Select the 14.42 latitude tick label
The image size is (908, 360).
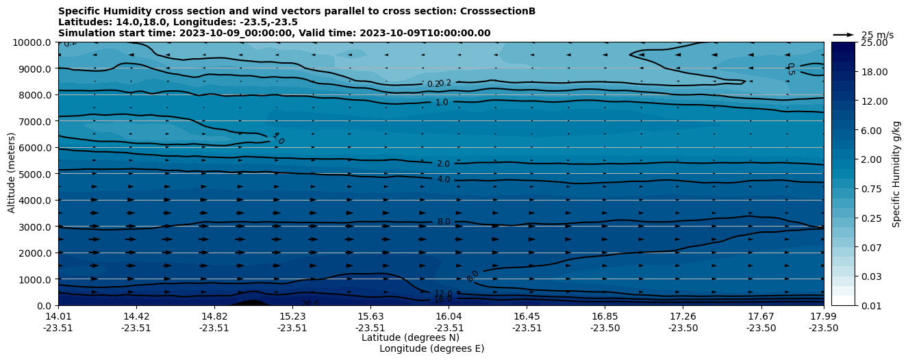click(x=136, y=316)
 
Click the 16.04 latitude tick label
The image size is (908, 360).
click(x=449, y=316)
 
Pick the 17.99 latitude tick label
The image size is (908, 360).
click(x=823, y=316)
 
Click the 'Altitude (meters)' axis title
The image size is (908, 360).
click(x=12, y=174)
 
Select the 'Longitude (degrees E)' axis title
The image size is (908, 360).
click(x=431, y=348)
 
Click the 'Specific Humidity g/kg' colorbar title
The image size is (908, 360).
click(x=896, y=174)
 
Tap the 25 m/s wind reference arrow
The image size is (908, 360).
click(x=843, y=34)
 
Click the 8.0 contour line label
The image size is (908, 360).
click(x=444, y=222)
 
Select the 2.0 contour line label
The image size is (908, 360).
click(x=443, y=164)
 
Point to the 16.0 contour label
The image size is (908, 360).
click(x=443, y=299)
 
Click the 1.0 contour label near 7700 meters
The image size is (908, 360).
click(x=442, y=103)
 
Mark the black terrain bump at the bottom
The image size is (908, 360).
click(x=249, y=303)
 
